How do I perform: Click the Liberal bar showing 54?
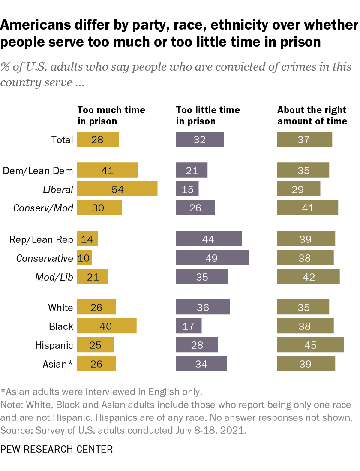click(117, 189)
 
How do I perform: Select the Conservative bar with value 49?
click(213, 258)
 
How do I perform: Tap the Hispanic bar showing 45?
click(311, 345)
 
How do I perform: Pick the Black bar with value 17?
click(189, 326)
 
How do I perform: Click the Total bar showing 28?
click(97, 139)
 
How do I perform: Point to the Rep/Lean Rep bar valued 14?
click(87, 239)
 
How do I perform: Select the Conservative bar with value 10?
click(84, 258)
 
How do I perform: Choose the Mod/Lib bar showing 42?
click(309, 277)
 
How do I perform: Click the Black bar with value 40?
click(107, 326)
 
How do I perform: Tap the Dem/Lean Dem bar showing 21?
click(192, 170)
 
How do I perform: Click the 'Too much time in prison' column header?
click(111, 115)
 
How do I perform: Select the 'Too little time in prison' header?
click(208, 115)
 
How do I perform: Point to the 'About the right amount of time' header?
click(312, 115)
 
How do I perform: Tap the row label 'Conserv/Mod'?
click(43, 208)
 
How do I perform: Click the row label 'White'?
click(60, 307)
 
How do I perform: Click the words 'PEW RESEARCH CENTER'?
click(57, 449)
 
